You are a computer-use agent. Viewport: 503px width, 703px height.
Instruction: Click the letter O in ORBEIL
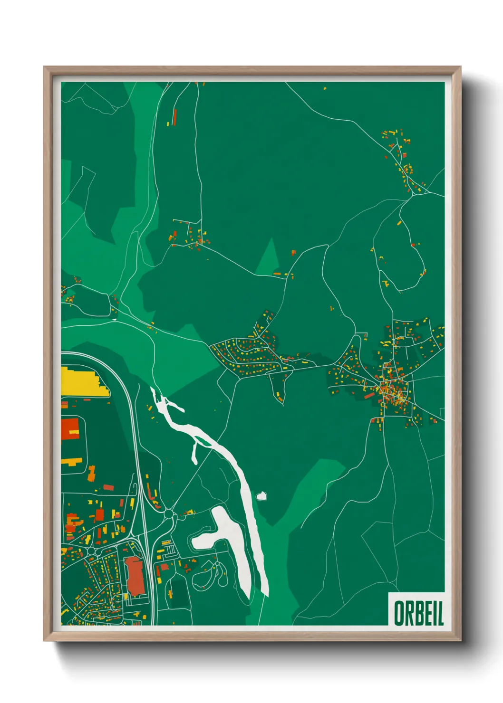point(400,613)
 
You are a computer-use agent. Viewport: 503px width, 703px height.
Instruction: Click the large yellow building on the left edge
point(83,382)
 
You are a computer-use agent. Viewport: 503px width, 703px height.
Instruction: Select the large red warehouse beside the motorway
point(135,575)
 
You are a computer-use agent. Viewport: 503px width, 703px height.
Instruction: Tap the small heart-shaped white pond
point(261,496)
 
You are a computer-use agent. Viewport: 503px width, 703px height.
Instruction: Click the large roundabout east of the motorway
point(168,514)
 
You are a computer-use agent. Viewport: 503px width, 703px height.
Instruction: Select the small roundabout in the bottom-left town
point(91,551)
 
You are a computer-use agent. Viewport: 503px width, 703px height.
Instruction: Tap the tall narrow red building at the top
point(174,117)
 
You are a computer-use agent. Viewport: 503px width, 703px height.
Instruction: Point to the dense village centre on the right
point(392,390)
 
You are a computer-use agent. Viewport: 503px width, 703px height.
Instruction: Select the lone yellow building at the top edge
point(325,88)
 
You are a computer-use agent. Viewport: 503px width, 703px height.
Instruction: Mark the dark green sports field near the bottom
point(179,591)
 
